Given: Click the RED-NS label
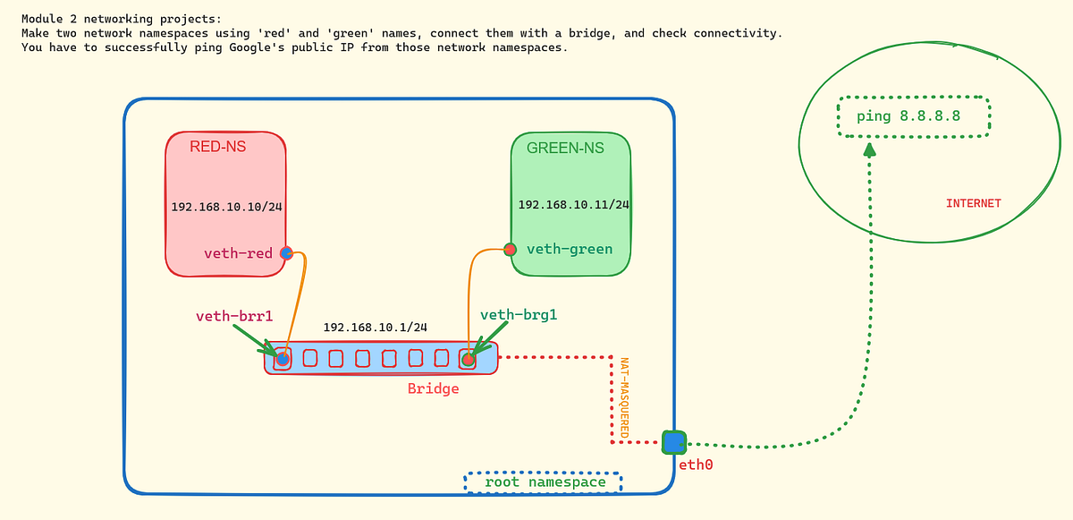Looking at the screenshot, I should [x=217, y=147].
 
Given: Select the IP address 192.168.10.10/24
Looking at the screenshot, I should [x=226, y=207].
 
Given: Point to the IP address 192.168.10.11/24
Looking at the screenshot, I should [x=573, y=205].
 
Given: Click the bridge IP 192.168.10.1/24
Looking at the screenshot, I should [x=375, y=328].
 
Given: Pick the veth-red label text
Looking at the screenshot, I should [x=238, y=253].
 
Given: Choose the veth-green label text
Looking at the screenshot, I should [x=570, y=249].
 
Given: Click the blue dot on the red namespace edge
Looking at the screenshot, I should [x=286, y=253].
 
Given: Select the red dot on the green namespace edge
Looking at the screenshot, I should [x=510, y=249].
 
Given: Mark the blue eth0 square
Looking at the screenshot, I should [x=673, y=442].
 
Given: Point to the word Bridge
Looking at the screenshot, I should [x=433, y=388].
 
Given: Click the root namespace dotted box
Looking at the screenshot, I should [x=544, y=482].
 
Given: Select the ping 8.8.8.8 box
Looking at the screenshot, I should [x=913, y=116].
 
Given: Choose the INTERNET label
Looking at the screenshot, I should [x=973, y=204].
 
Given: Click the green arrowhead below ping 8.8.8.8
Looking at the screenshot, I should [x=869, y=149].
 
